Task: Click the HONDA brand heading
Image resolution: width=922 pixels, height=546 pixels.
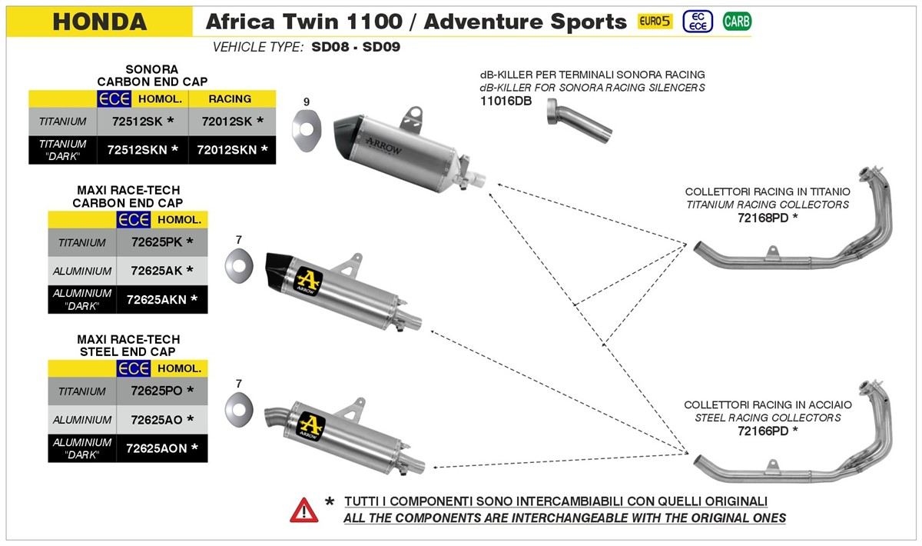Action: tap(100, 22)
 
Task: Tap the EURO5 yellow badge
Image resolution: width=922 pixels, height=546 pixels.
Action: tap(655, 22)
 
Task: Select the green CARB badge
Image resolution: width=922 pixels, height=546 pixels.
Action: tap(737, 22)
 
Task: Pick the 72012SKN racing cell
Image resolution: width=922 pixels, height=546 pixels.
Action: tap(232, 149)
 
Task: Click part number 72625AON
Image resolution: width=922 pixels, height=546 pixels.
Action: tap(161, 448)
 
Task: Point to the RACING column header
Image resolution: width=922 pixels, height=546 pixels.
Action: tap(230, 98)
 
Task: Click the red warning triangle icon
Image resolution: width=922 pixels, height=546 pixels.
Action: tap(303, 509)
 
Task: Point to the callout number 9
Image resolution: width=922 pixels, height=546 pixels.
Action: tap(307, 102)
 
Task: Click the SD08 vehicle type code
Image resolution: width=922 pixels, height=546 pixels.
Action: tap(332, 47)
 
